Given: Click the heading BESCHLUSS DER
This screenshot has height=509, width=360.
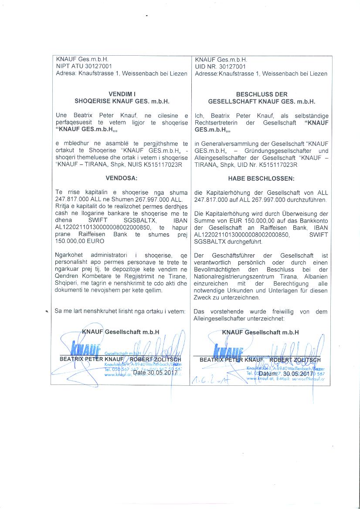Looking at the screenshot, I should (x=262, y=94).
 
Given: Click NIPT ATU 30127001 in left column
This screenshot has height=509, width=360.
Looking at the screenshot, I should (x=84, y=67).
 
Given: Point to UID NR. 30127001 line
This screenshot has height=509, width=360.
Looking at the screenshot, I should (x=220, y=67).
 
